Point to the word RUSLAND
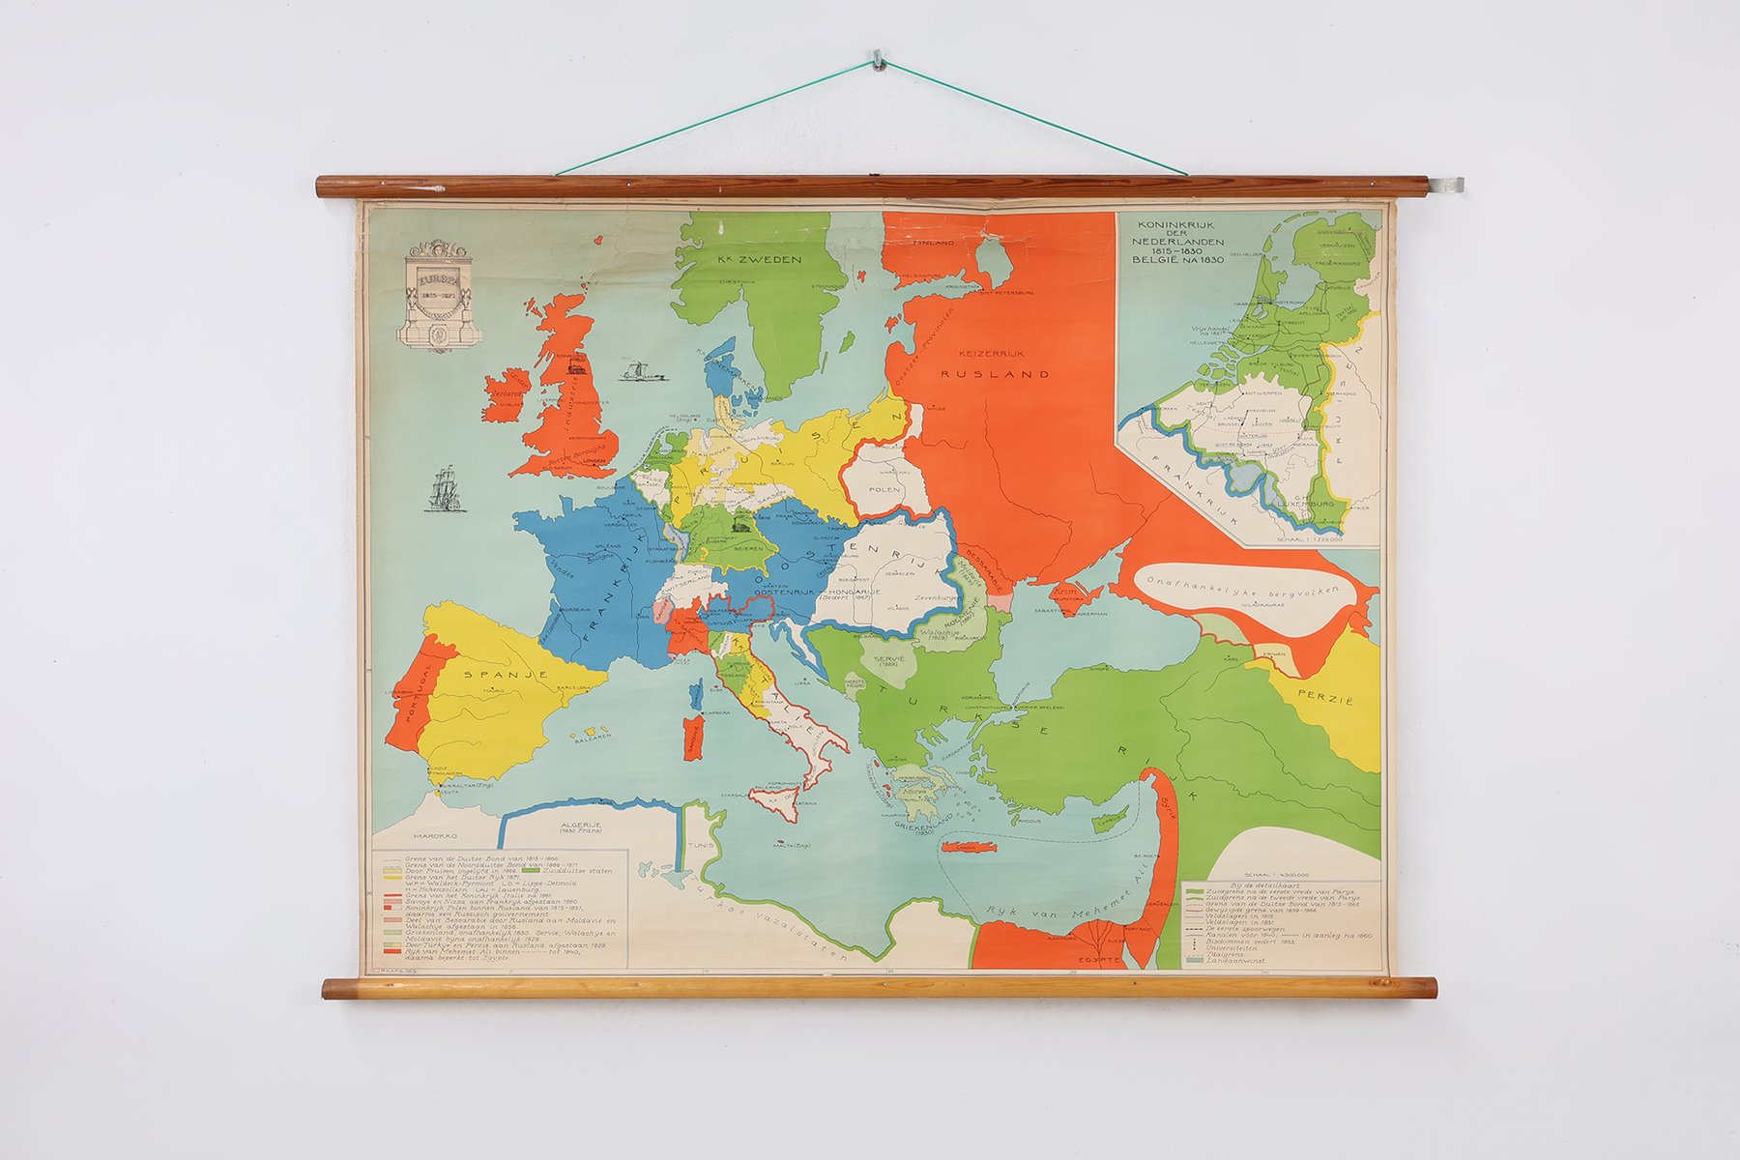click(1003, 374)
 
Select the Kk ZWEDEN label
click(762, 259)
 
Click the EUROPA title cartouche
click(439, 294)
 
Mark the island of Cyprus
click(1108, 823)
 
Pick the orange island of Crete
click(969, 848)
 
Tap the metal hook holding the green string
click(878, 58)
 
